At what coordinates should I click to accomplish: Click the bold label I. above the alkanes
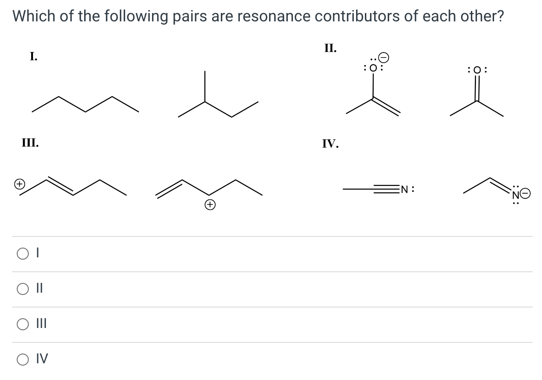[33, 57]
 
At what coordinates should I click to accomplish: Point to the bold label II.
[330, 48]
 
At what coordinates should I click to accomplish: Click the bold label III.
[30, 143]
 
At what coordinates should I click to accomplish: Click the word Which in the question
[33, 16]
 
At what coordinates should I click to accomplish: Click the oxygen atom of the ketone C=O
[477, 70]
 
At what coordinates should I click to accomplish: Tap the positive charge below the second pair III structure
[209, 204]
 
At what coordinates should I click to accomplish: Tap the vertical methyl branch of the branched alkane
[205, 86]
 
